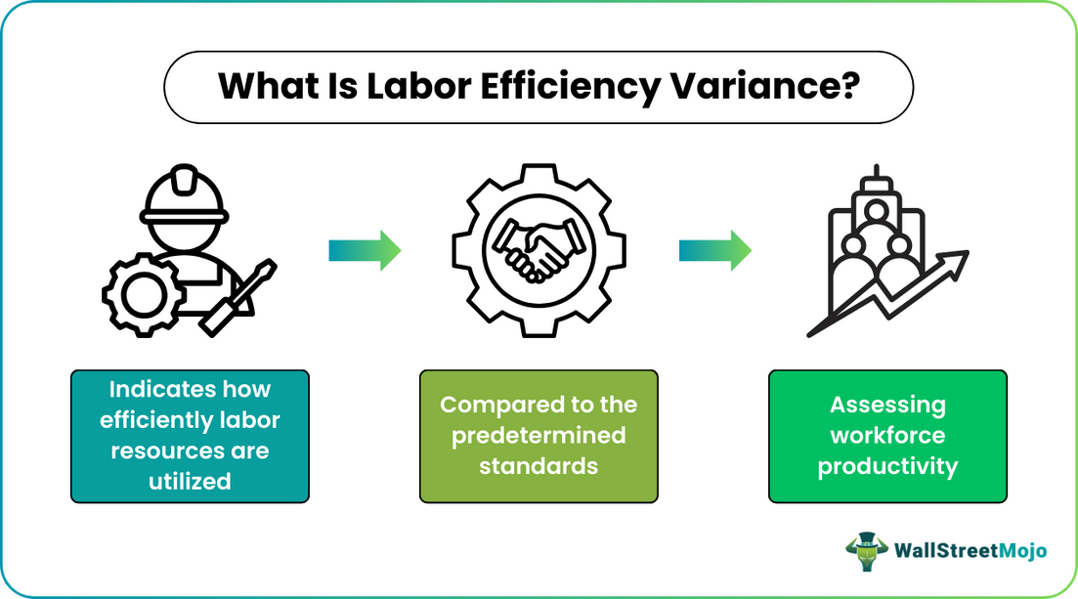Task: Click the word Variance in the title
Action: tap(764, 86)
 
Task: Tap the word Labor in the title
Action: tap(418, 86)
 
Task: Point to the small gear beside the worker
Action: tap(144, 294)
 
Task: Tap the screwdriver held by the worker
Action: tap(237, 298)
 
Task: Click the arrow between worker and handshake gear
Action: tap(366, 250)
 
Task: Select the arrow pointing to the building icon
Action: tap(715, 250)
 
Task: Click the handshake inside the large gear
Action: tap(539, 250)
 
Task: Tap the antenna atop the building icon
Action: tap(876, 171)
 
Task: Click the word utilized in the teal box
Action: tap(190, 482)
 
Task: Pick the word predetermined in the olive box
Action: tap(539, 436)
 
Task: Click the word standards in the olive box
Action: tap(539, 466)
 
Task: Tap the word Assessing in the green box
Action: tap(887, 406)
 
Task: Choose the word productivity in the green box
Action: tap(887, 467)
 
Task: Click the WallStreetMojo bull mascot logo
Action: tap(867, 551)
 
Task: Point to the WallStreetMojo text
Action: tap(970, 551)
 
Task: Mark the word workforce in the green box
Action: tap(887, 435)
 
